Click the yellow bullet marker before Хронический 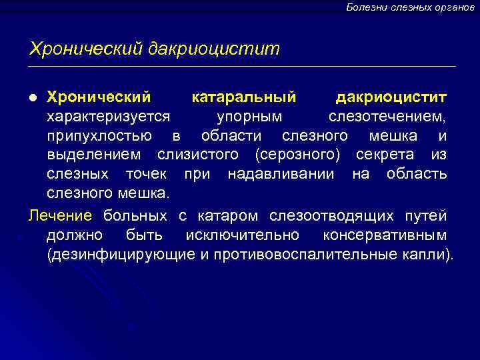33,99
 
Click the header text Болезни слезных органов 410,7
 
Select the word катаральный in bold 244,98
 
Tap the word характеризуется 109,117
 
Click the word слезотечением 387,117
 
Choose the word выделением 93,155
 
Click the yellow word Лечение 59,216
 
